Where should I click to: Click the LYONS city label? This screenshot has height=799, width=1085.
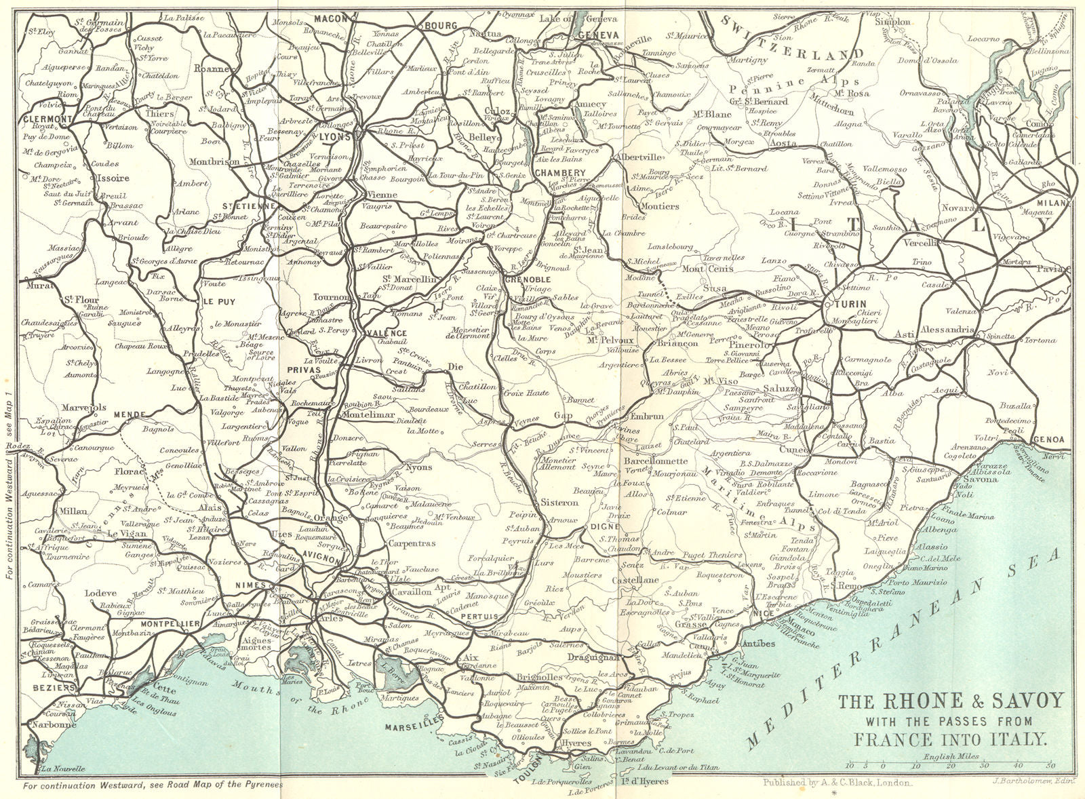click(x=337, y=136)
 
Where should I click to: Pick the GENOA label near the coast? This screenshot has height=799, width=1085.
click(x=1052, y=440)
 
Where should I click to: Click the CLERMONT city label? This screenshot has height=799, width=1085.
click(x=47, y=119)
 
